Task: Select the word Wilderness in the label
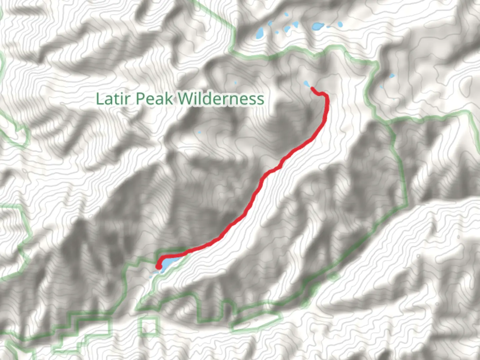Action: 221,99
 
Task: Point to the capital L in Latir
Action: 99,99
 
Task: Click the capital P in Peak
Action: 140,99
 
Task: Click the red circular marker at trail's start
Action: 159,266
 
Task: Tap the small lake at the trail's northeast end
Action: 306,83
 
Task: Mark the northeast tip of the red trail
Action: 313,88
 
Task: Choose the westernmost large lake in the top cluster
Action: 260,33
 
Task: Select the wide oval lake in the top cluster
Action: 317,26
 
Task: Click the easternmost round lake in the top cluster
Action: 340,24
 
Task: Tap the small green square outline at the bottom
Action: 149,326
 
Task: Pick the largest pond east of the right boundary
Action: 391,76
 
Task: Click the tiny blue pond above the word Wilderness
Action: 235,82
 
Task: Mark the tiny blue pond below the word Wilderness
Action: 199,133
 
